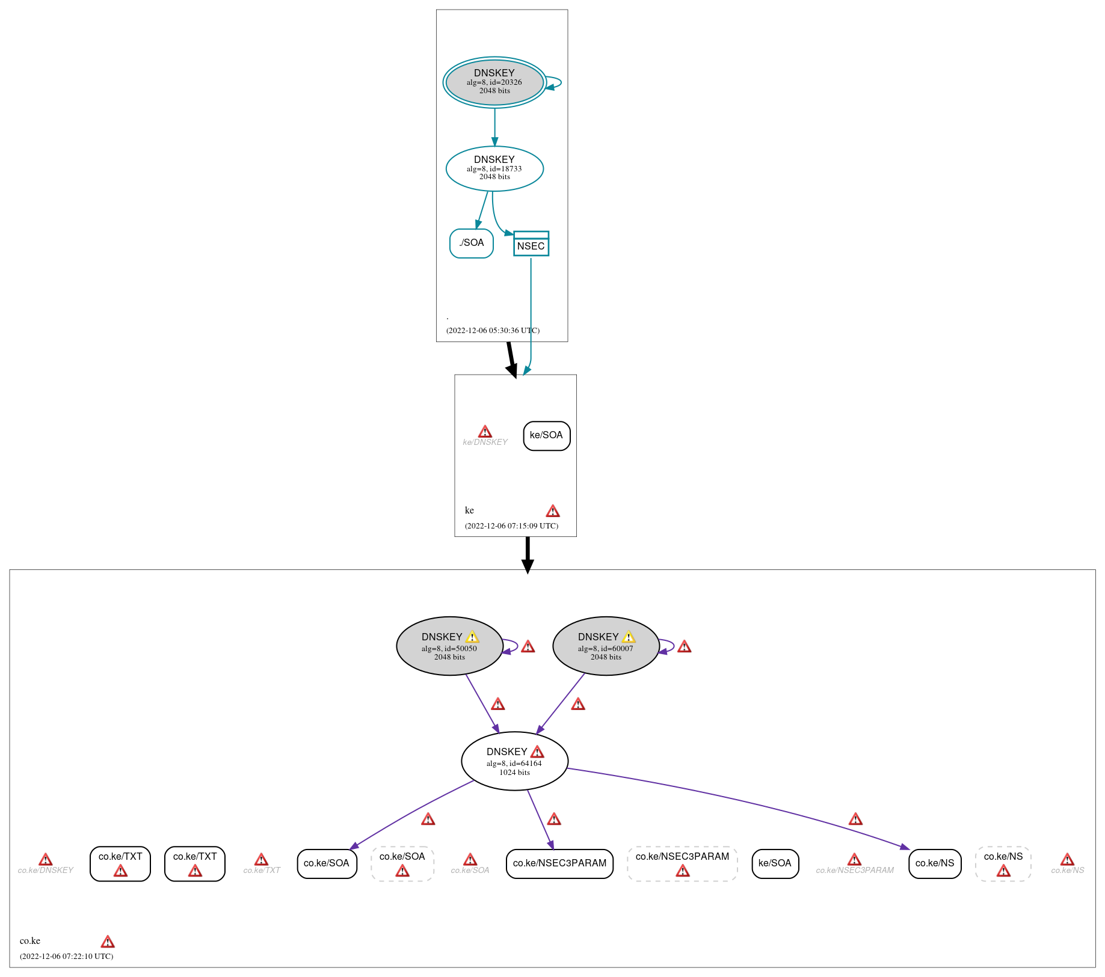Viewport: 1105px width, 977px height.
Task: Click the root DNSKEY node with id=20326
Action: click(x=494, y=82)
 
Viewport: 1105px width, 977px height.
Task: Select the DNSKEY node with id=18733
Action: click(x=494, y=168)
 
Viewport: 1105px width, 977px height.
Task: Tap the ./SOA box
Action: click(x=472, y=243)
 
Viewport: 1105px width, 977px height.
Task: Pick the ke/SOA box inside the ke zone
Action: click(x=546, y=435)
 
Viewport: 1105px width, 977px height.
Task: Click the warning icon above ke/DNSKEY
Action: click(x=485, y=432)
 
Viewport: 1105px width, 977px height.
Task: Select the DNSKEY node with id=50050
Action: click(x=449, y=646)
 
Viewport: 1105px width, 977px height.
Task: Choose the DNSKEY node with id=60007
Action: click(x=606, y=646)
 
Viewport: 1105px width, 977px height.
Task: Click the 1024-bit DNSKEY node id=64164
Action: click(x=514, y=761)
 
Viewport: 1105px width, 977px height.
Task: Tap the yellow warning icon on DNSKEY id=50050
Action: click(x=472, y=637)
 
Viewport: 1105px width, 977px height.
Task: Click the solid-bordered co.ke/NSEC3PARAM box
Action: click(x=559, y=863)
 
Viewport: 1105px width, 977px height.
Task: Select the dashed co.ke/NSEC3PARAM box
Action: click(x=682, y=863)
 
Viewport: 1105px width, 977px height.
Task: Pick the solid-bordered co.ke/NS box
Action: click(x=935, y=863)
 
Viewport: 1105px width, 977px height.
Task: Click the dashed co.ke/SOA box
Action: click(x=402, y=863)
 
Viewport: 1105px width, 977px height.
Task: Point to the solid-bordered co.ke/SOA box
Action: click(x=327, y=863)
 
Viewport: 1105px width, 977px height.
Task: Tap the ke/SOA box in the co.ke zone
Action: click(x=775, y=863)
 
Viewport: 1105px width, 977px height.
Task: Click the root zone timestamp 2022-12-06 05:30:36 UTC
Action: click(x=493, y=331)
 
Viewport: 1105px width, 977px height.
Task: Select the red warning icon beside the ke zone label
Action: click(x=553, y=511)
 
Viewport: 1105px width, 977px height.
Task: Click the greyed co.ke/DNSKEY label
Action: click(x=46, y=870)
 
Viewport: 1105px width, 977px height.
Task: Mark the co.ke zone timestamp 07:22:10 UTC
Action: click(x=66, y=956)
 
